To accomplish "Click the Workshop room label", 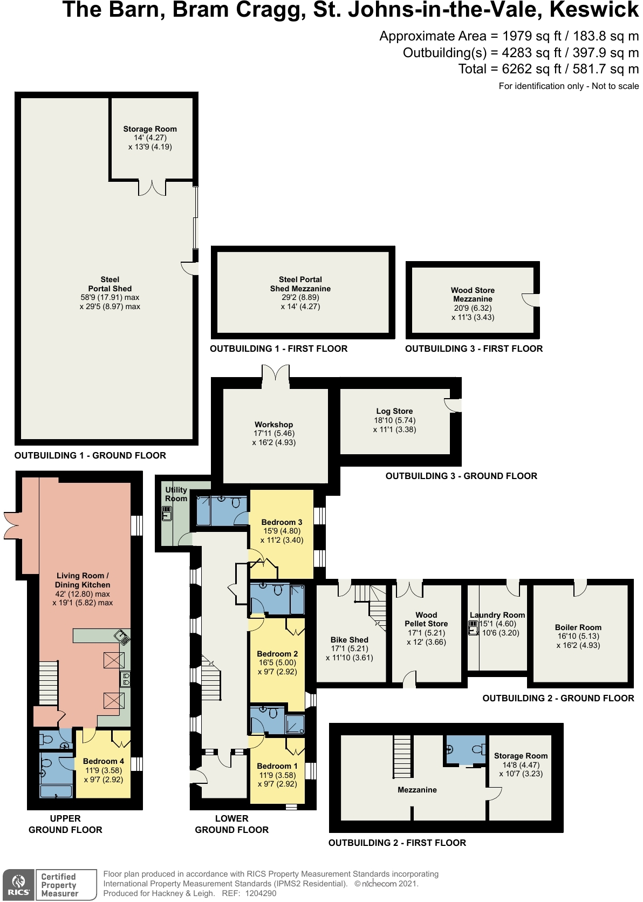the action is tap(274, 425).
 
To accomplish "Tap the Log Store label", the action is tap(394, 411).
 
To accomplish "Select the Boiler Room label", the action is tap(578, 627).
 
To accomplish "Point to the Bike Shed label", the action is tap(350, 640).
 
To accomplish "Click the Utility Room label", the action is tap(176, 494).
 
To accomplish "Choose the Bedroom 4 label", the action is tap(104, 761).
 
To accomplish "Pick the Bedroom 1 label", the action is tap(277, 766).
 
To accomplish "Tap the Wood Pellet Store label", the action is tap(426, 619).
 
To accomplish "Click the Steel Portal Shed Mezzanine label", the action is tap(300, 284).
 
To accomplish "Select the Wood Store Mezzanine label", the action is tap(473, 295).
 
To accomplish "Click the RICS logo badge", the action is tap(18, 884).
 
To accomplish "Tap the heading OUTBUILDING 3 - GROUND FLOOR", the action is tap(461, 476).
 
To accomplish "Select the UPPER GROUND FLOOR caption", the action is tap(65, 824).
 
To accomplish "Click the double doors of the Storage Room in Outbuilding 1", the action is tap(152, 188).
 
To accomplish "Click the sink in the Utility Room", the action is tap(167, 514).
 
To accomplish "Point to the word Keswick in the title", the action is tap(594, 10).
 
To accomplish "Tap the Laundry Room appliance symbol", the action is tap(473, 628).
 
